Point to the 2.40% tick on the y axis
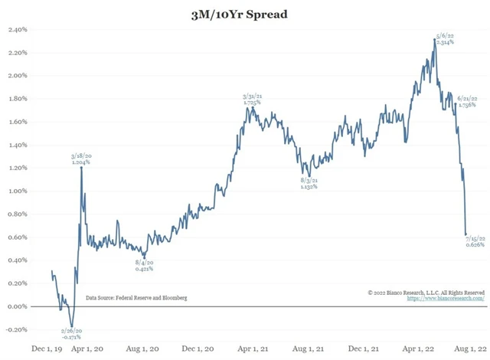[18, 30]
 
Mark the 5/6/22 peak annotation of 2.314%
[444, 38]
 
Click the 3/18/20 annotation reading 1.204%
[81, 159]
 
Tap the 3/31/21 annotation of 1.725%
[253, 100]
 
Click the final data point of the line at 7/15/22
[466, 234]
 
